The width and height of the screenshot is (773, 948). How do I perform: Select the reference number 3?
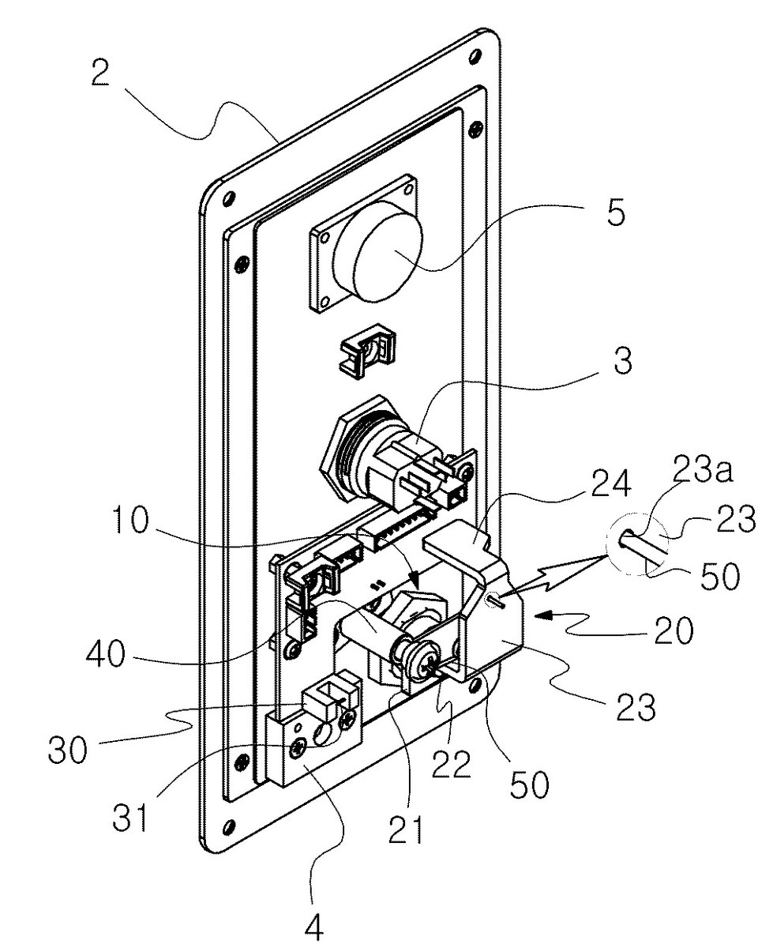point(622,360)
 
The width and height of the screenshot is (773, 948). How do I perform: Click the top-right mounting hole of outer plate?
point(473,57)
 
